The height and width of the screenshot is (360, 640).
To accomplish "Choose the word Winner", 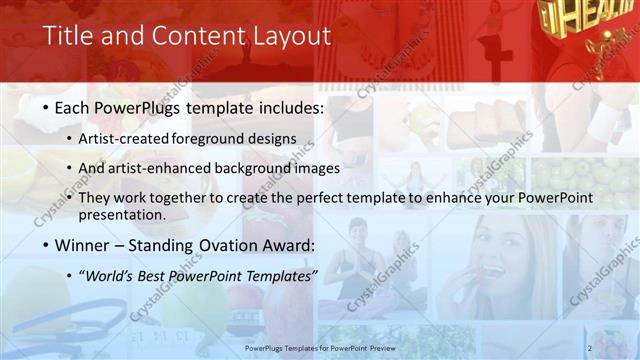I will [x=86, y=245].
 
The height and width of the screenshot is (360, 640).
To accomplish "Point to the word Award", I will [x=286, y=245].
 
